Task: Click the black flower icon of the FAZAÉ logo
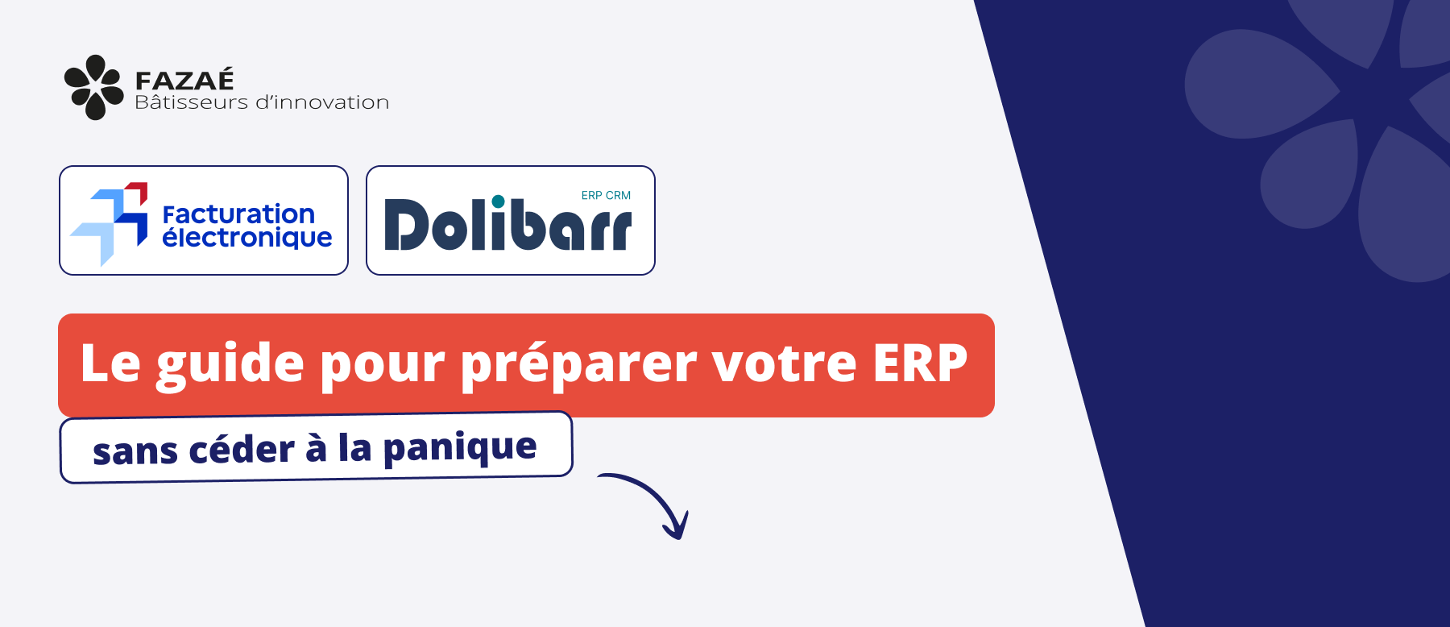94,87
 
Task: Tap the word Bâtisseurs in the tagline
192,102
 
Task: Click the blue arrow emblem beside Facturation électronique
110,223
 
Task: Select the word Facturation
238,214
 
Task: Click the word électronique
247,238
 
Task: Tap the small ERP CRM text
606,195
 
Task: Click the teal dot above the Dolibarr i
499,201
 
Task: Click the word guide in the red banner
230,364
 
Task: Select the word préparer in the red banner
579,364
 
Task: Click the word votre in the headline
785,364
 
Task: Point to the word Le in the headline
110,363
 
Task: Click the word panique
460,447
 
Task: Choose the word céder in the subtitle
242,449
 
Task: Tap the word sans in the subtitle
135,452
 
